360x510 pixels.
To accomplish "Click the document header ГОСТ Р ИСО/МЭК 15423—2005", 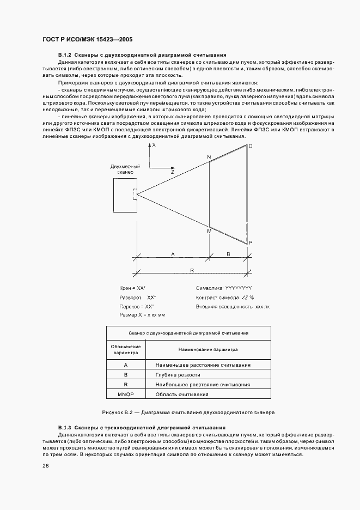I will coord(87,40).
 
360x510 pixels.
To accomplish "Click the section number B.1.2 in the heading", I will coord(65,56).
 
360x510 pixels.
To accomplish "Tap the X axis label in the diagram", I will coord(154,146).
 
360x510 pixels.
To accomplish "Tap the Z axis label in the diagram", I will coord(172,172).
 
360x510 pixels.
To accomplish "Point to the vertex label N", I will coord(208,157).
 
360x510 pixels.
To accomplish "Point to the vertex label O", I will coord(250,147).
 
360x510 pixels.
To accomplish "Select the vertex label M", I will coord(208,232).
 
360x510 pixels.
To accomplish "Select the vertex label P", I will coord(250,242).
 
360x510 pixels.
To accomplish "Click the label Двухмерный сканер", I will coord(125,169).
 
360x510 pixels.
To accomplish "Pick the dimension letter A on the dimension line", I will coord(173,254).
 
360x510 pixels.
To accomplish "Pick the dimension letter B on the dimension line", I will coord(228,254).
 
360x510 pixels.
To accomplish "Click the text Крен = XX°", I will coord(133,287).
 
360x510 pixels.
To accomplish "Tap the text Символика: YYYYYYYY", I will coord(223,287).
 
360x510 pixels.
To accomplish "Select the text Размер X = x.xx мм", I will coord(142,315).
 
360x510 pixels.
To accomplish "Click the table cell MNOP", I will coord(126,394).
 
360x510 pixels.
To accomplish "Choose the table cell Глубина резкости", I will coord(178,375).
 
